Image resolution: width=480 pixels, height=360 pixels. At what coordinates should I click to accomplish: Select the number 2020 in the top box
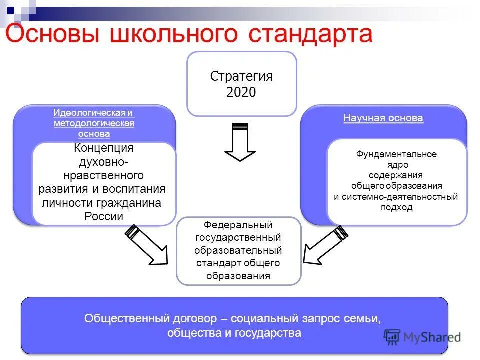241,92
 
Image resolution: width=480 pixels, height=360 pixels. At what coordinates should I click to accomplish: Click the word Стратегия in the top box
241,76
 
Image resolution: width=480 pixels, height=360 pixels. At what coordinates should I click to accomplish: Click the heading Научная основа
383,118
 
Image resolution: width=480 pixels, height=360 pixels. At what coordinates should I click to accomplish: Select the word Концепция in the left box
104,148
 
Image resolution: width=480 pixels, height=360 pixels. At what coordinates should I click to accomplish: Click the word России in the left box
103,216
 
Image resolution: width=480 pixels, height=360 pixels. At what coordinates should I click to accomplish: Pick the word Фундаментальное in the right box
396,154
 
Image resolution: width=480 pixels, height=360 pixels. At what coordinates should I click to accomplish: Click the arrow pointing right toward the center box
148,246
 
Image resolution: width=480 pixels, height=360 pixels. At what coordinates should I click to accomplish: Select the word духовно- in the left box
104,162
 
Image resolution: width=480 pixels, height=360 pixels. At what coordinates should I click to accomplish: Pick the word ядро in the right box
396,165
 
